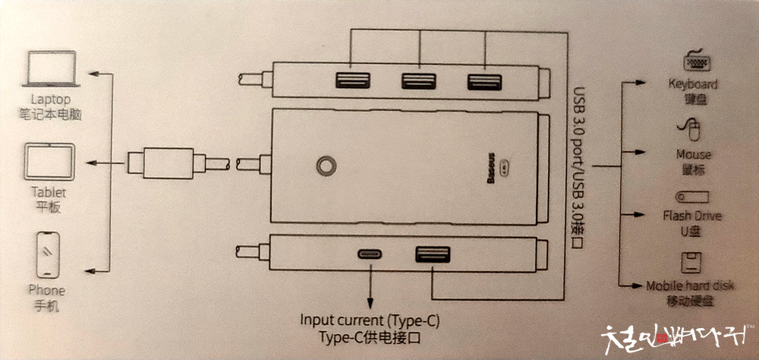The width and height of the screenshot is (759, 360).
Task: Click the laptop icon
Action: click(51, 70)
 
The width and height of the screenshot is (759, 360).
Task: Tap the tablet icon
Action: click(49, 163)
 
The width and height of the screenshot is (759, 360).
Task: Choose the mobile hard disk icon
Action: click(691, 263)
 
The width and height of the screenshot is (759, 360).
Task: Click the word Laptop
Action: click(51, 99)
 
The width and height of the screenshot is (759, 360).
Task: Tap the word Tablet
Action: click(49, 192)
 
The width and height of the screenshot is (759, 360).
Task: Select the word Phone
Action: click(46, 290)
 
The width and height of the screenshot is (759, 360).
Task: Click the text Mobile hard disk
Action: click(691, 286)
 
